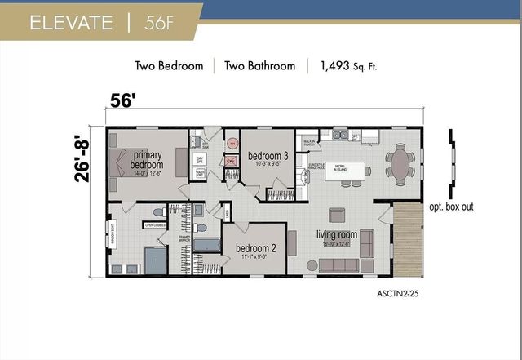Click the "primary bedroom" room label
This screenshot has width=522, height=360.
coord(147,160)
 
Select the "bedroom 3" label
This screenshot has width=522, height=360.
coord(268,157)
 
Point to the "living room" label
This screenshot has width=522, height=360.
coord(337,236)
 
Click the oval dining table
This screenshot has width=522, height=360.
coord(400,162)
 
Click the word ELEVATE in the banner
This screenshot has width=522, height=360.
coord(71,22)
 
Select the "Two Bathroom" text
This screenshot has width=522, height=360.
coord(260,66)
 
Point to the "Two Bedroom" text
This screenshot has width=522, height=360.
coord(169,66)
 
